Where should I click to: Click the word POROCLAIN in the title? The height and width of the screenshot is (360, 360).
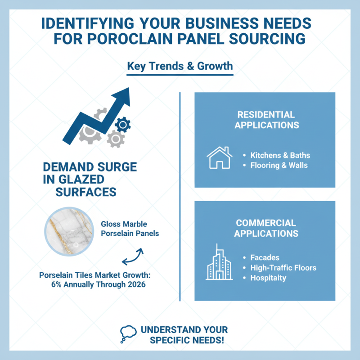pyautogui.click(x=130, y=39)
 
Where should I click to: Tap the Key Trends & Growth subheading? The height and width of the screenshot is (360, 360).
pyautogui.click(x=180, y=66)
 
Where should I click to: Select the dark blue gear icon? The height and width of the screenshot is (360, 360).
pyautogui.click(x=123, y=125)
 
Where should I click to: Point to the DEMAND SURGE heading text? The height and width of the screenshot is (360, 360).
pyautogui.click(x=90, y=167)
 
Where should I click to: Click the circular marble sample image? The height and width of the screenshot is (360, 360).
pyautogui.click(x=69, y=231)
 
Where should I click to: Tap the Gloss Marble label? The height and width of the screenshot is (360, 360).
pyautogui.click(x=124, y=224)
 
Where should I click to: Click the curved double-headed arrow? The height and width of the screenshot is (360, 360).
pyautogui.click(x=133, y=256)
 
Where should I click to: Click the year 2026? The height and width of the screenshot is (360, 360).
pyautogui.click(x=137, y=284)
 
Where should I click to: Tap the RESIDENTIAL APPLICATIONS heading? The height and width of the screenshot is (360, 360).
pyautogui.click(x=266, y=120)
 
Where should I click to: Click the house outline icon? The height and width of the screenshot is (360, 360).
pyautogui.click(x=220, y=157)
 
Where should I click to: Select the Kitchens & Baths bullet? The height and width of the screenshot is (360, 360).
pyautogui.click(x=280, y=155)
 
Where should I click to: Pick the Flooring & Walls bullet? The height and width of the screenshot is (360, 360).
pyautogui.click(x=279, y=165)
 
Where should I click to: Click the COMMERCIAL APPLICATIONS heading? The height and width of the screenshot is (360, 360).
pyautogui.click(x=266, y=228)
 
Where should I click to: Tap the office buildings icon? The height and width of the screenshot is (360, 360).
pyautogui.click(x=219, y=262)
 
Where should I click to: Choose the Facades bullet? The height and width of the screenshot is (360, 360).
pyautogui.click(x=265, y=257)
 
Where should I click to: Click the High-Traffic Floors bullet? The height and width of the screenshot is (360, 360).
pyautogui.click(x=283, y=268)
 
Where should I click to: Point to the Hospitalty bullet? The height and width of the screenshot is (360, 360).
pyautogui.click(x=268, y=278)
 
